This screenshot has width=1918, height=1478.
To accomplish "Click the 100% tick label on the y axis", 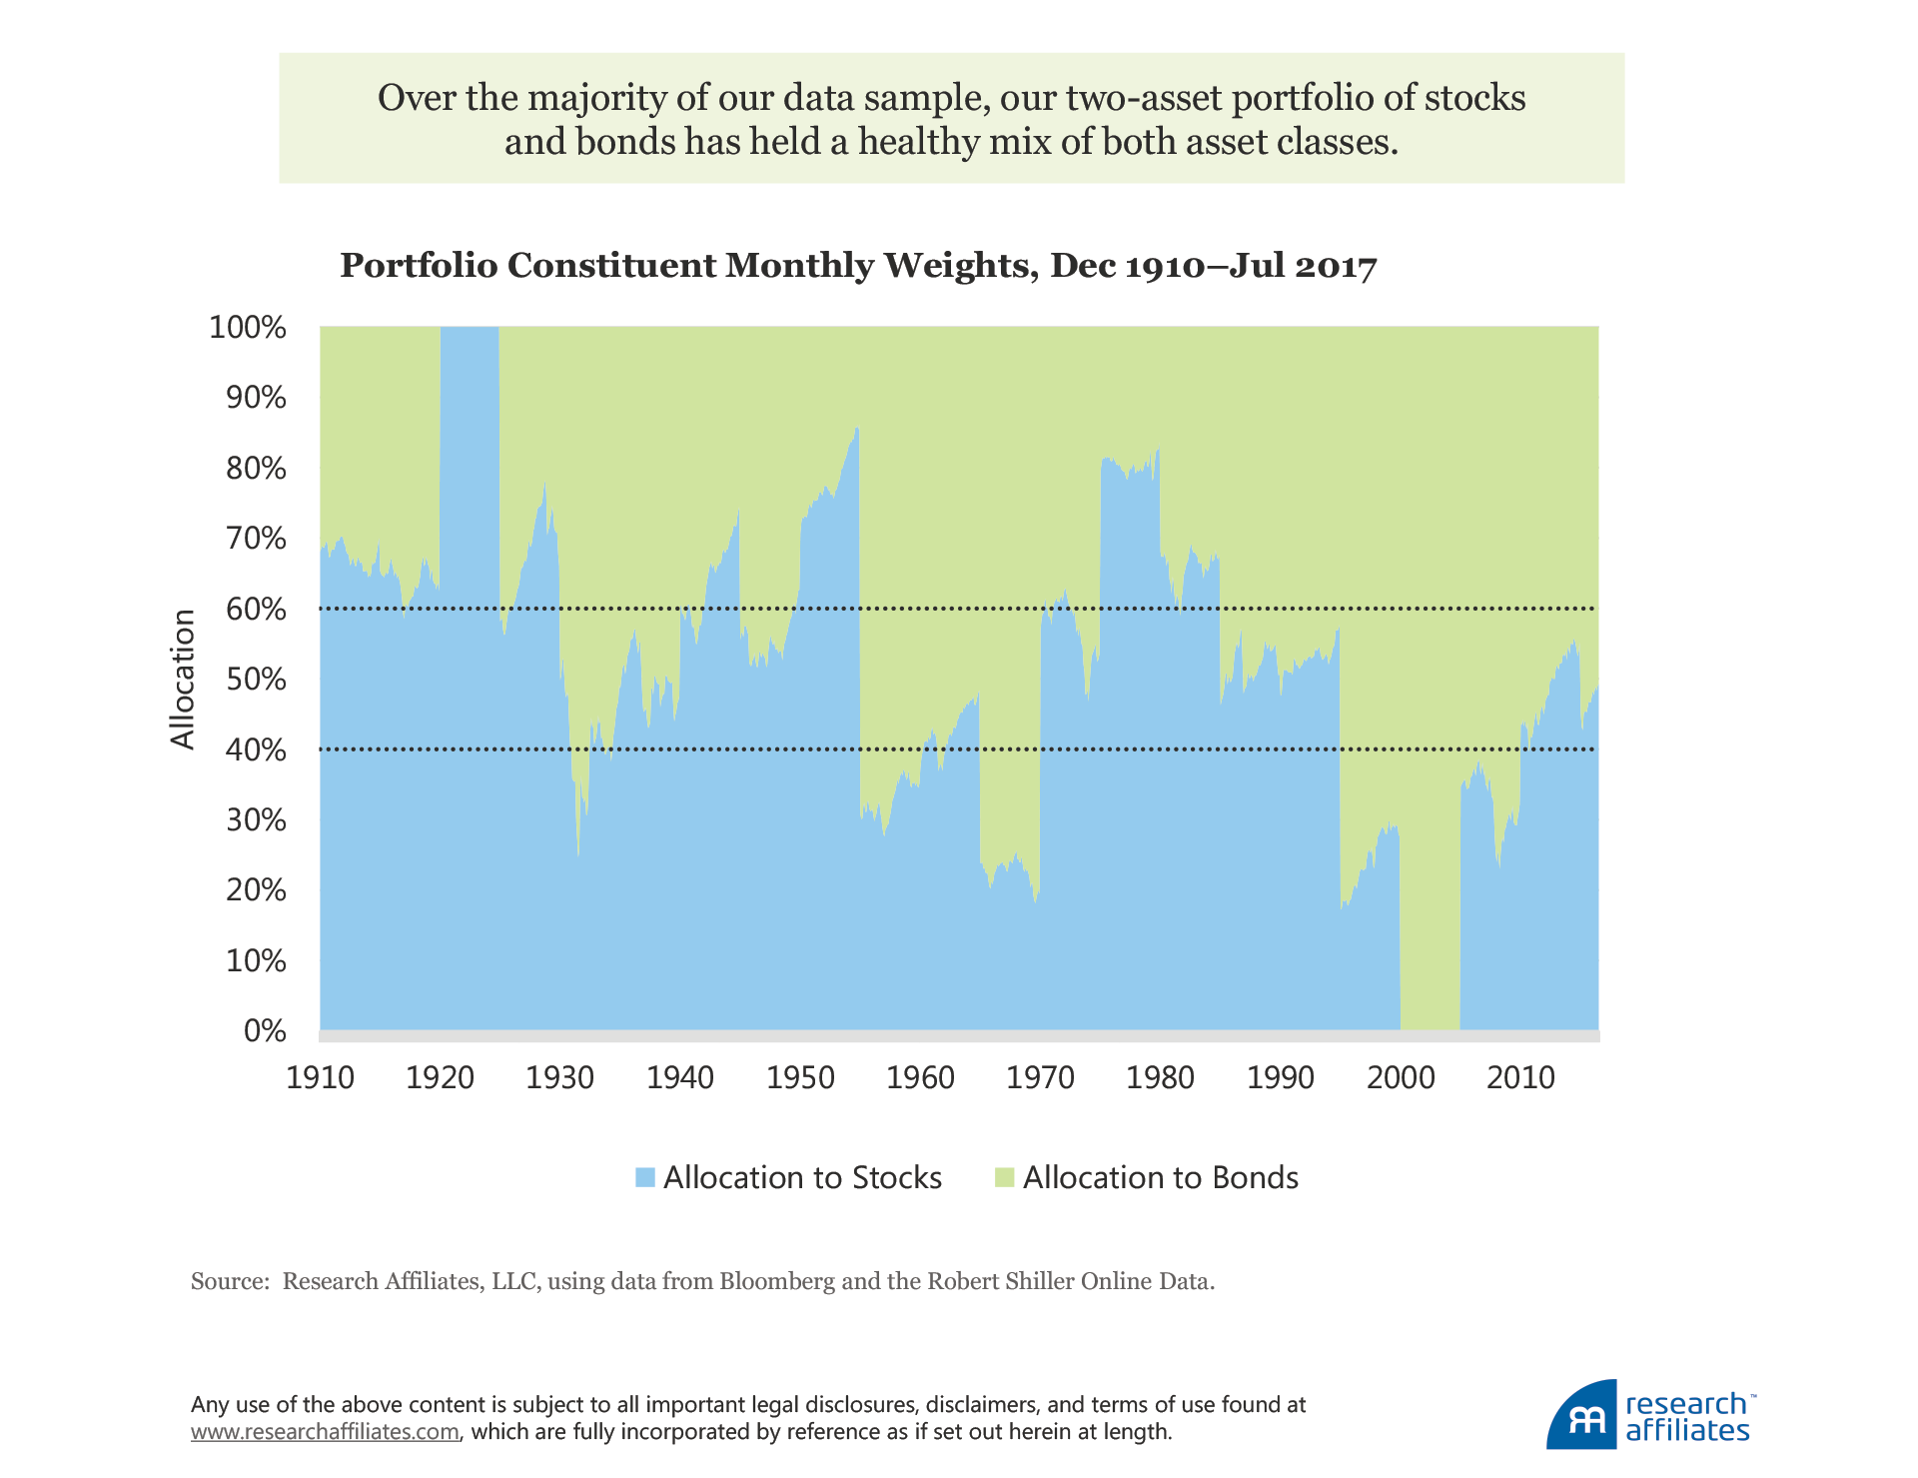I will (247, 328).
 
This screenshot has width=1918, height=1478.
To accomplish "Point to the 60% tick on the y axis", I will (256, 610).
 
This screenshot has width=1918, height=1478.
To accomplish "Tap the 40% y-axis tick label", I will (256, 750).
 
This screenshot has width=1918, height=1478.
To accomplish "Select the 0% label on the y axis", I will (265, 1031).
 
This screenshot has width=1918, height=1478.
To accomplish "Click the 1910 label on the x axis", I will (320, 1078).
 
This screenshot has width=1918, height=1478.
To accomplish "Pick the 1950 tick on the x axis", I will (800, 1078).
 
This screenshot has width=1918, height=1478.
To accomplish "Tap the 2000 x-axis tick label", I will (1401, 1078).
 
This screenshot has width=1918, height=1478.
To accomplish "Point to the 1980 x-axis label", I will (1160, 1078).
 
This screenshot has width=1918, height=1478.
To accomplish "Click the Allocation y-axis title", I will (183, 679).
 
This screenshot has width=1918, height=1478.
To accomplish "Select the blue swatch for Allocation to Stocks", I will (645, 1178).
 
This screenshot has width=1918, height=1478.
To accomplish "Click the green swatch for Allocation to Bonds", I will (1004, 1178).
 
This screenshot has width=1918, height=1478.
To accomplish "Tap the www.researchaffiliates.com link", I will (325, 1432).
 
